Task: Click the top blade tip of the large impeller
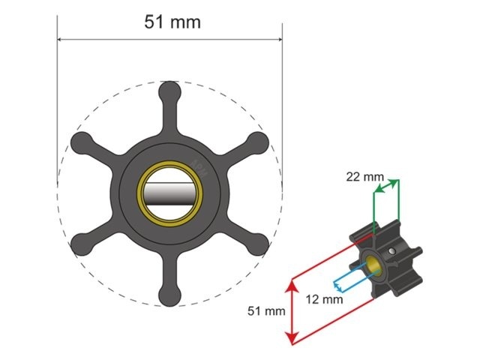170,91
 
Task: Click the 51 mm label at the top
172,22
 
